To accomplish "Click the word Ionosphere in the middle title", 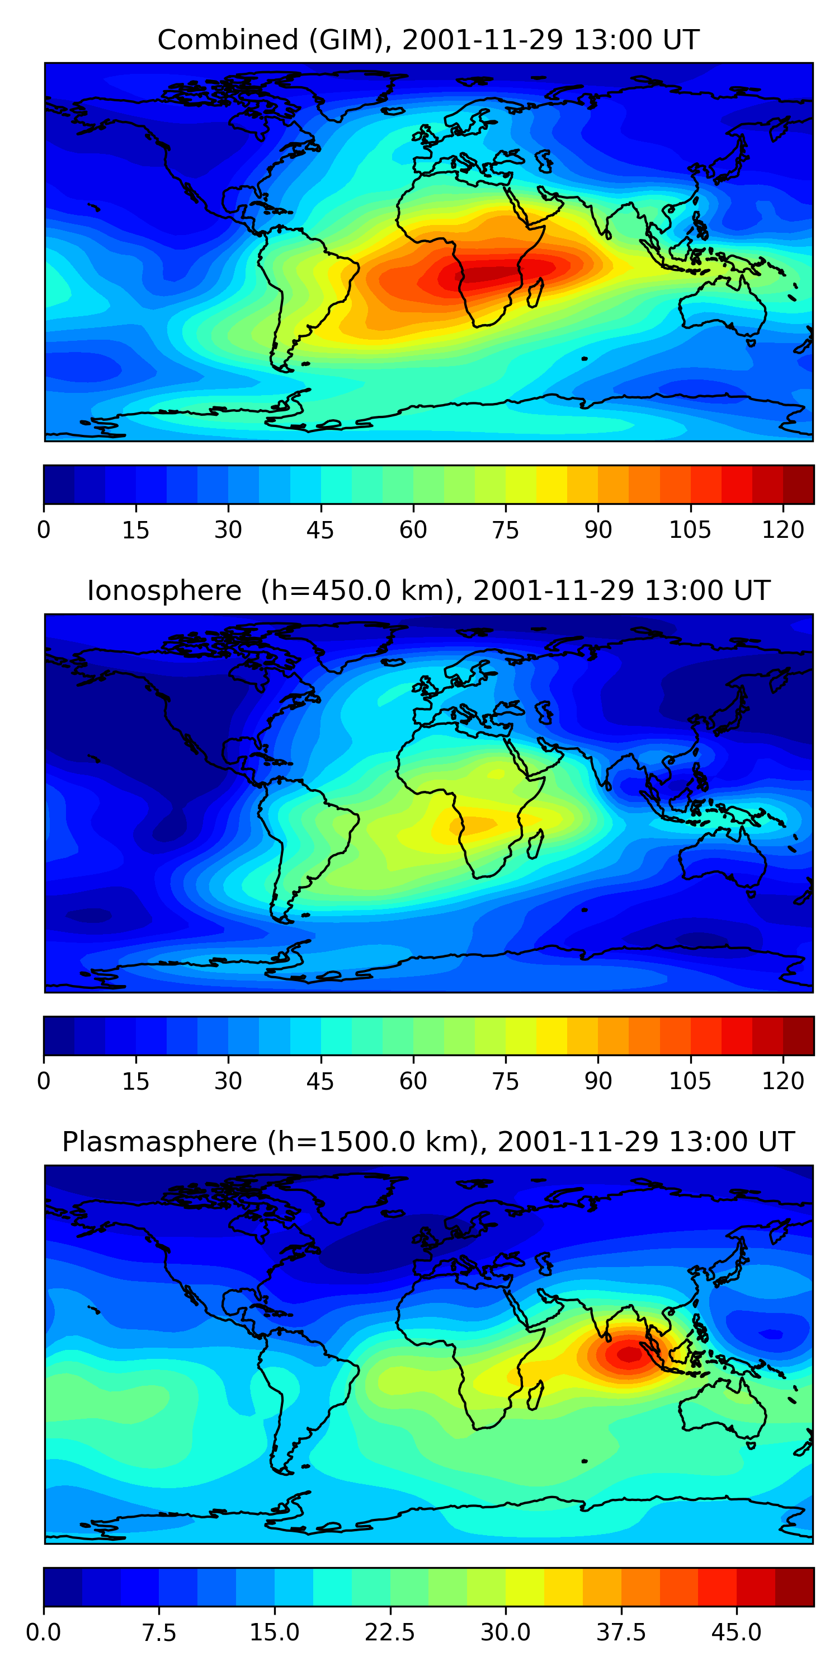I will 164,590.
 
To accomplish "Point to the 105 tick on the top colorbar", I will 690,529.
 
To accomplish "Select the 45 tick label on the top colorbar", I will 320,530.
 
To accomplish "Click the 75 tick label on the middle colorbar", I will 506,1081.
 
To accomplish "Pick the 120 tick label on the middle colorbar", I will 783,1081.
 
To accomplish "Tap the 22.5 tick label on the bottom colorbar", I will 389,1632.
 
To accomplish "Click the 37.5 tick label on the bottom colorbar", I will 621,1632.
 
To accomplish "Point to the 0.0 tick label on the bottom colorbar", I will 44,1632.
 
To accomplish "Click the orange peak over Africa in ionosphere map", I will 472,825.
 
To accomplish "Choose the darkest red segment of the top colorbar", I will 798,484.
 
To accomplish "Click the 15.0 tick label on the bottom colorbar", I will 274,1632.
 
